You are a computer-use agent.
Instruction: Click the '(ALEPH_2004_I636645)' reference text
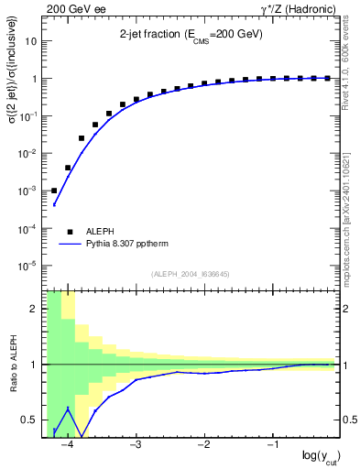click(x=191, y=273)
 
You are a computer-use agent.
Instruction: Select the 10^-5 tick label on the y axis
click(x=28, y=266)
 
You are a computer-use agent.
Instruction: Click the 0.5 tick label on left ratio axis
click(x=31, y=420)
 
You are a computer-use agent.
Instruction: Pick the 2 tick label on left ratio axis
click(x=35, y=309)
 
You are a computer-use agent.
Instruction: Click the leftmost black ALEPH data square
click(x=54, y=191)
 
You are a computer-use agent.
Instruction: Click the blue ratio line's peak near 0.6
click(x=68, y=409)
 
